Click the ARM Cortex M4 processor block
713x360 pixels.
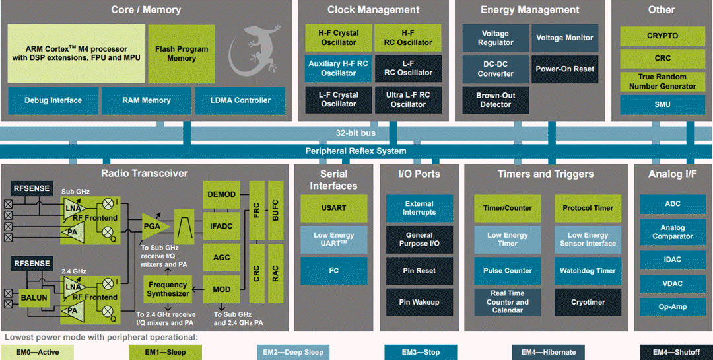[76, 54]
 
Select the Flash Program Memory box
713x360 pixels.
[182, 54]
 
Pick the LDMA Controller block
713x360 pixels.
[240, 100]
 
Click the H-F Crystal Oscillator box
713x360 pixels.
[339, 38]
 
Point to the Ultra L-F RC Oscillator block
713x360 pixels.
[408, 100]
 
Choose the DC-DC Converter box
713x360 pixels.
[495, 69]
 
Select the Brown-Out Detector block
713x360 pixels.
[495, 100]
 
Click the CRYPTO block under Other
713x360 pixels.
[662, 36]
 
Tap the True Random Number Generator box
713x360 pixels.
[662, 81]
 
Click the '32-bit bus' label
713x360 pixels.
[356, 133]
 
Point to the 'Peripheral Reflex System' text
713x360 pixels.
[356, 151]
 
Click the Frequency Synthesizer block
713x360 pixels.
[168, 289]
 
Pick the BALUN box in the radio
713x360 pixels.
[34, 298]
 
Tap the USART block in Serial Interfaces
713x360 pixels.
[334, 208]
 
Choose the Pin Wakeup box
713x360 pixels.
[419, 303]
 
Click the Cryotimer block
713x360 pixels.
[588, 302]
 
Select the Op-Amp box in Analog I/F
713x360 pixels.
[672, 307]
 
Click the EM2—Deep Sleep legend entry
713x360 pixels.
[295, 353]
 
